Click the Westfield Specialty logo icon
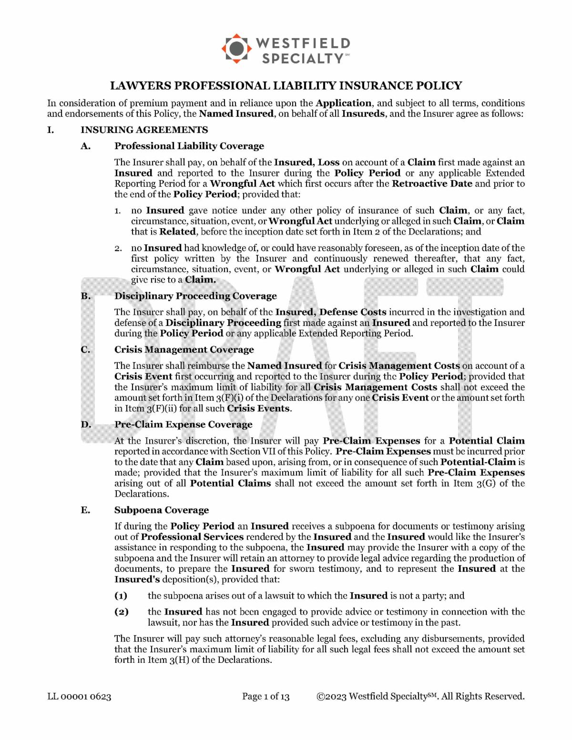pos(236,49)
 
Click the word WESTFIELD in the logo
pos(303,43)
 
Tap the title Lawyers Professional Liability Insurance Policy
pos(286,86)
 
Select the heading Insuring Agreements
pos(144,130)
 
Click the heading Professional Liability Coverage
pos(189,146)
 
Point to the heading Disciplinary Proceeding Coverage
pos(195,296)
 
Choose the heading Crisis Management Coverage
pos(184,350)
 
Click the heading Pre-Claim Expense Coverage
pos(183,425)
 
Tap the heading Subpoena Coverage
pos(161,510)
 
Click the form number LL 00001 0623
pos(79,697)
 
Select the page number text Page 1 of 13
pos(266,697)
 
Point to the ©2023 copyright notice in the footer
pos(420,697)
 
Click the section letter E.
pos(85,510)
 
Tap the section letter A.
pos(85,146)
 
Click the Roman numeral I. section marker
pos(50,130)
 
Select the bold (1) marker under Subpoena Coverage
pos(121,596)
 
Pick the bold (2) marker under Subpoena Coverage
pos(121,612)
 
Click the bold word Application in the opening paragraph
pos(343,103)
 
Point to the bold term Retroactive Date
pos(432,184)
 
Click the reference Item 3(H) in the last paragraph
pos(170,660)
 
